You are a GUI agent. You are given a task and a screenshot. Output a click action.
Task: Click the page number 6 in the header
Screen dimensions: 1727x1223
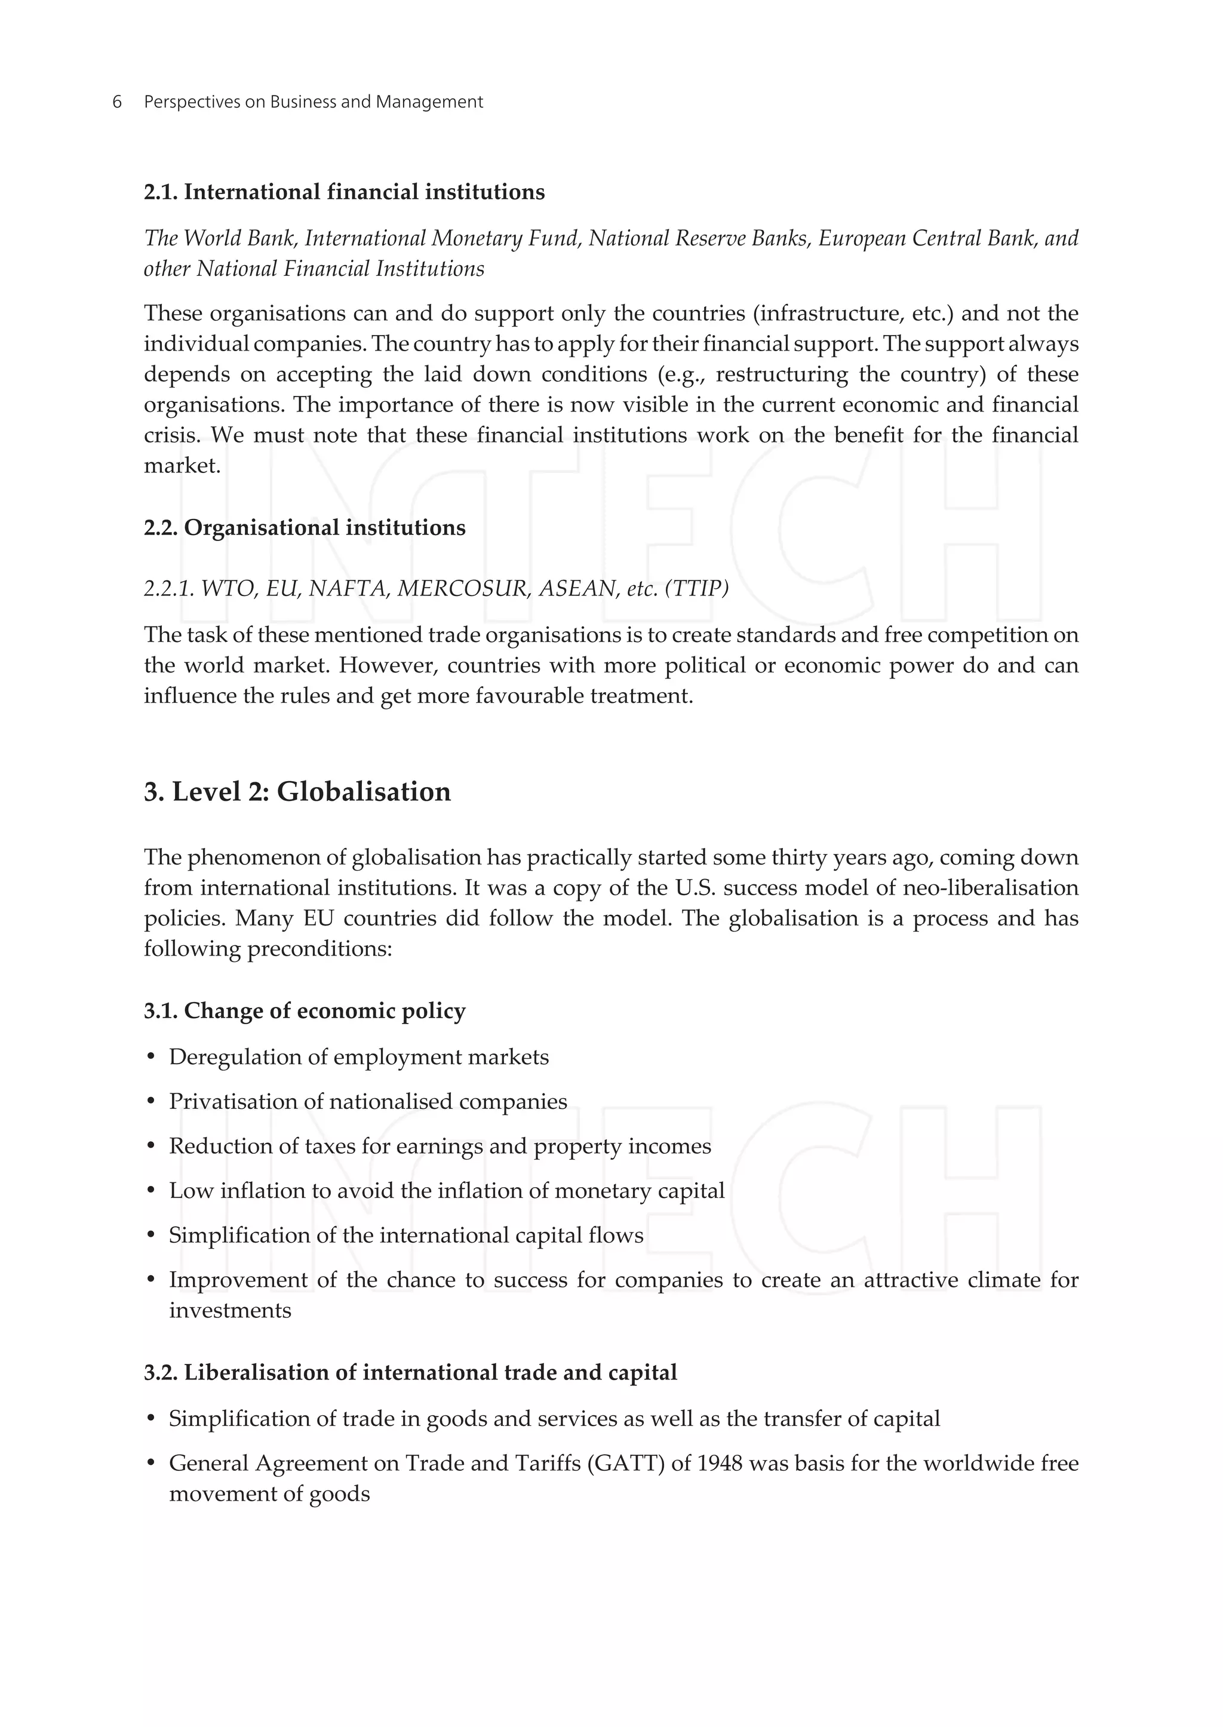pyautogui.click(x=116, y=102)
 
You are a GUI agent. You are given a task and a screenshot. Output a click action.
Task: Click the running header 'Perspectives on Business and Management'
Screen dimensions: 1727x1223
pyautogui.click(x=314, y=102)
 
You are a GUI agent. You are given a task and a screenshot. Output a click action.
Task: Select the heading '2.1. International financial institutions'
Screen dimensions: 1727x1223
pyautogui.click(x=344, y=192)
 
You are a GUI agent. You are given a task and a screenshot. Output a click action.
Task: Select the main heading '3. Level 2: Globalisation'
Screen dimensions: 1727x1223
pyautogui.click(x=297, y=792)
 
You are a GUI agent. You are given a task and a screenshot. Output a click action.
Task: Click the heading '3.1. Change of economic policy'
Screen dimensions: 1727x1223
pyautogui.click(x=304, y=1011)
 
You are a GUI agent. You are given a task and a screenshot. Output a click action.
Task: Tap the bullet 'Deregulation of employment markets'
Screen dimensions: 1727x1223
pyautogui.click(x=358, y=1057)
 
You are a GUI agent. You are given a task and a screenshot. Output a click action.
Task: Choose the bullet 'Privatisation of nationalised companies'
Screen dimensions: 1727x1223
pyautogui.click(x=367, y=1101)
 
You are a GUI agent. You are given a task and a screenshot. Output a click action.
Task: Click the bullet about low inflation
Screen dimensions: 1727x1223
pyautogui.click(x=447, y=1191)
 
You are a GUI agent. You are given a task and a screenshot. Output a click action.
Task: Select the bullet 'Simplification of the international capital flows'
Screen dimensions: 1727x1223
pyautogui.click(x=406, y=1235)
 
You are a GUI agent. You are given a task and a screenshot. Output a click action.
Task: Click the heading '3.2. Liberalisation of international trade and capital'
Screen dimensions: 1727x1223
pyautogui.click(x=410, y=1372)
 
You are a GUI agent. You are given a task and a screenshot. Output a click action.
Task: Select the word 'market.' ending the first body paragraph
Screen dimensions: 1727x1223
pyautogui.click(x=182, y=465)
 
